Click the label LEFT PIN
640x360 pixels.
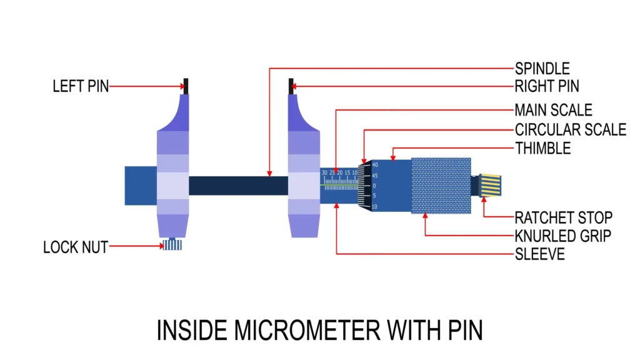(80, 86)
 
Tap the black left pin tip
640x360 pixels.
(186, 85)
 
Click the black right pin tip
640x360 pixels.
(291, 86)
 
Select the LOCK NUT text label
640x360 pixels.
(75, 247)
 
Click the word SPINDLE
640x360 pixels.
(542, 69)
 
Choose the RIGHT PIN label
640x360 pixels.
(547, 86)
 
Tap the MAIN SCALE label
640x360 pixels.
(553, 111)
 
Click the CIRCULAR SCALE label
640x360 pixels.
(570, 130)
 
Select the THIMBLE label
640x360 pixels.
(542, 149)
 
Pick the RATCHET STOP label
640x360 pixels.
(563, 217)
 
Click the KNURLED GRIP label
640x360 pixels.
(562, 236)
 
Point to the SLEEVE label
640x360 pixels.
(539, 254)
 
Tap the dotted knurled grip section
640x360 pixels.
(441, 186)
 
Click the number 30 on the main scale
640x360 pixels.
(324, 172)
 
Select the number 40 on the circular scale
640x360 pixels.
(375, 165)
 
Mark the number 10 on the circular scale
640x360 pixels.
(374, 206)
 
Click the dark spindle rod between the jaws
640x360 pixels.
(237, 186)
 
